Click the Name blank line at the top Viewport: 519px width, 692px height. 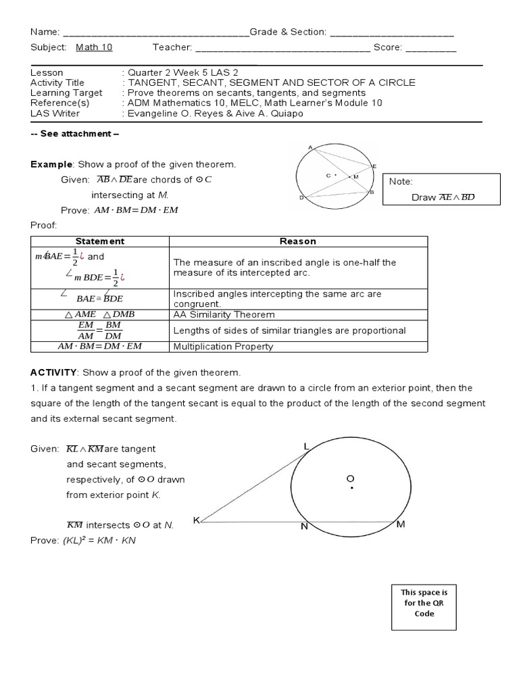155,32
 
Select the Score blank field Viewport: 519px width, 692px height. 431,49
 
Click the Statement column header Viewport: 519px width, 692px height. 99,241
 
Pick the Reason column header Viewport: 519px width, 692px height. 297,241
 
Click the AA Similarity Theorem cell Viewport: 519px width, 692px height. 224,314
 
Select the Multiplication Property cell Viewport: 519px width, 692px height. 224,347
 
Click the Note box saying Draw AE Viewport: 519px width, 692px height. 441,189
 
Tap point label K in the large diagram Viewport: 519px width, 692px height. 196,520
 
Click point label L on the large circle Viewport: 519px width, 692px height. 306,447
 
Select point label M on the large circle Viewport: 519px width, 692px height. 400,524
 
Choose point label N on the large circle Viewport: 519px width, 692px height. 304,526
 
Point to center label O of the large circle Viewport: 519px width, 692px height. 350,479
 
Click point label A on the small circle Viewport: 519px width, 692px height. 310,147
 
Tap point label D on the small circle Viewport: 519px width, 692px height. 301,198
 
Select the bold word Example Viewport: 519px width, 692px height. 51,164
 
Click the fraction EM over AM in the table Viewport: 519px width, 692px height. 86,330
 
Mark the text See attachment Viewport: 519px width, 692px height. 75,133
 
